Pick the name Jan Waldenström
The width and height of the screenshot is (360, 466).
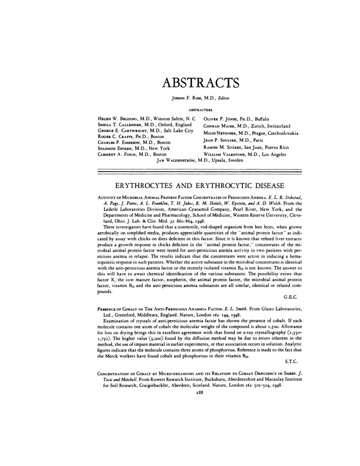click(176, 160)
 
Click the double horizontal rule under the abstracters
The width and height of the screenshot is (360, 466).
click(199, 171)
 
